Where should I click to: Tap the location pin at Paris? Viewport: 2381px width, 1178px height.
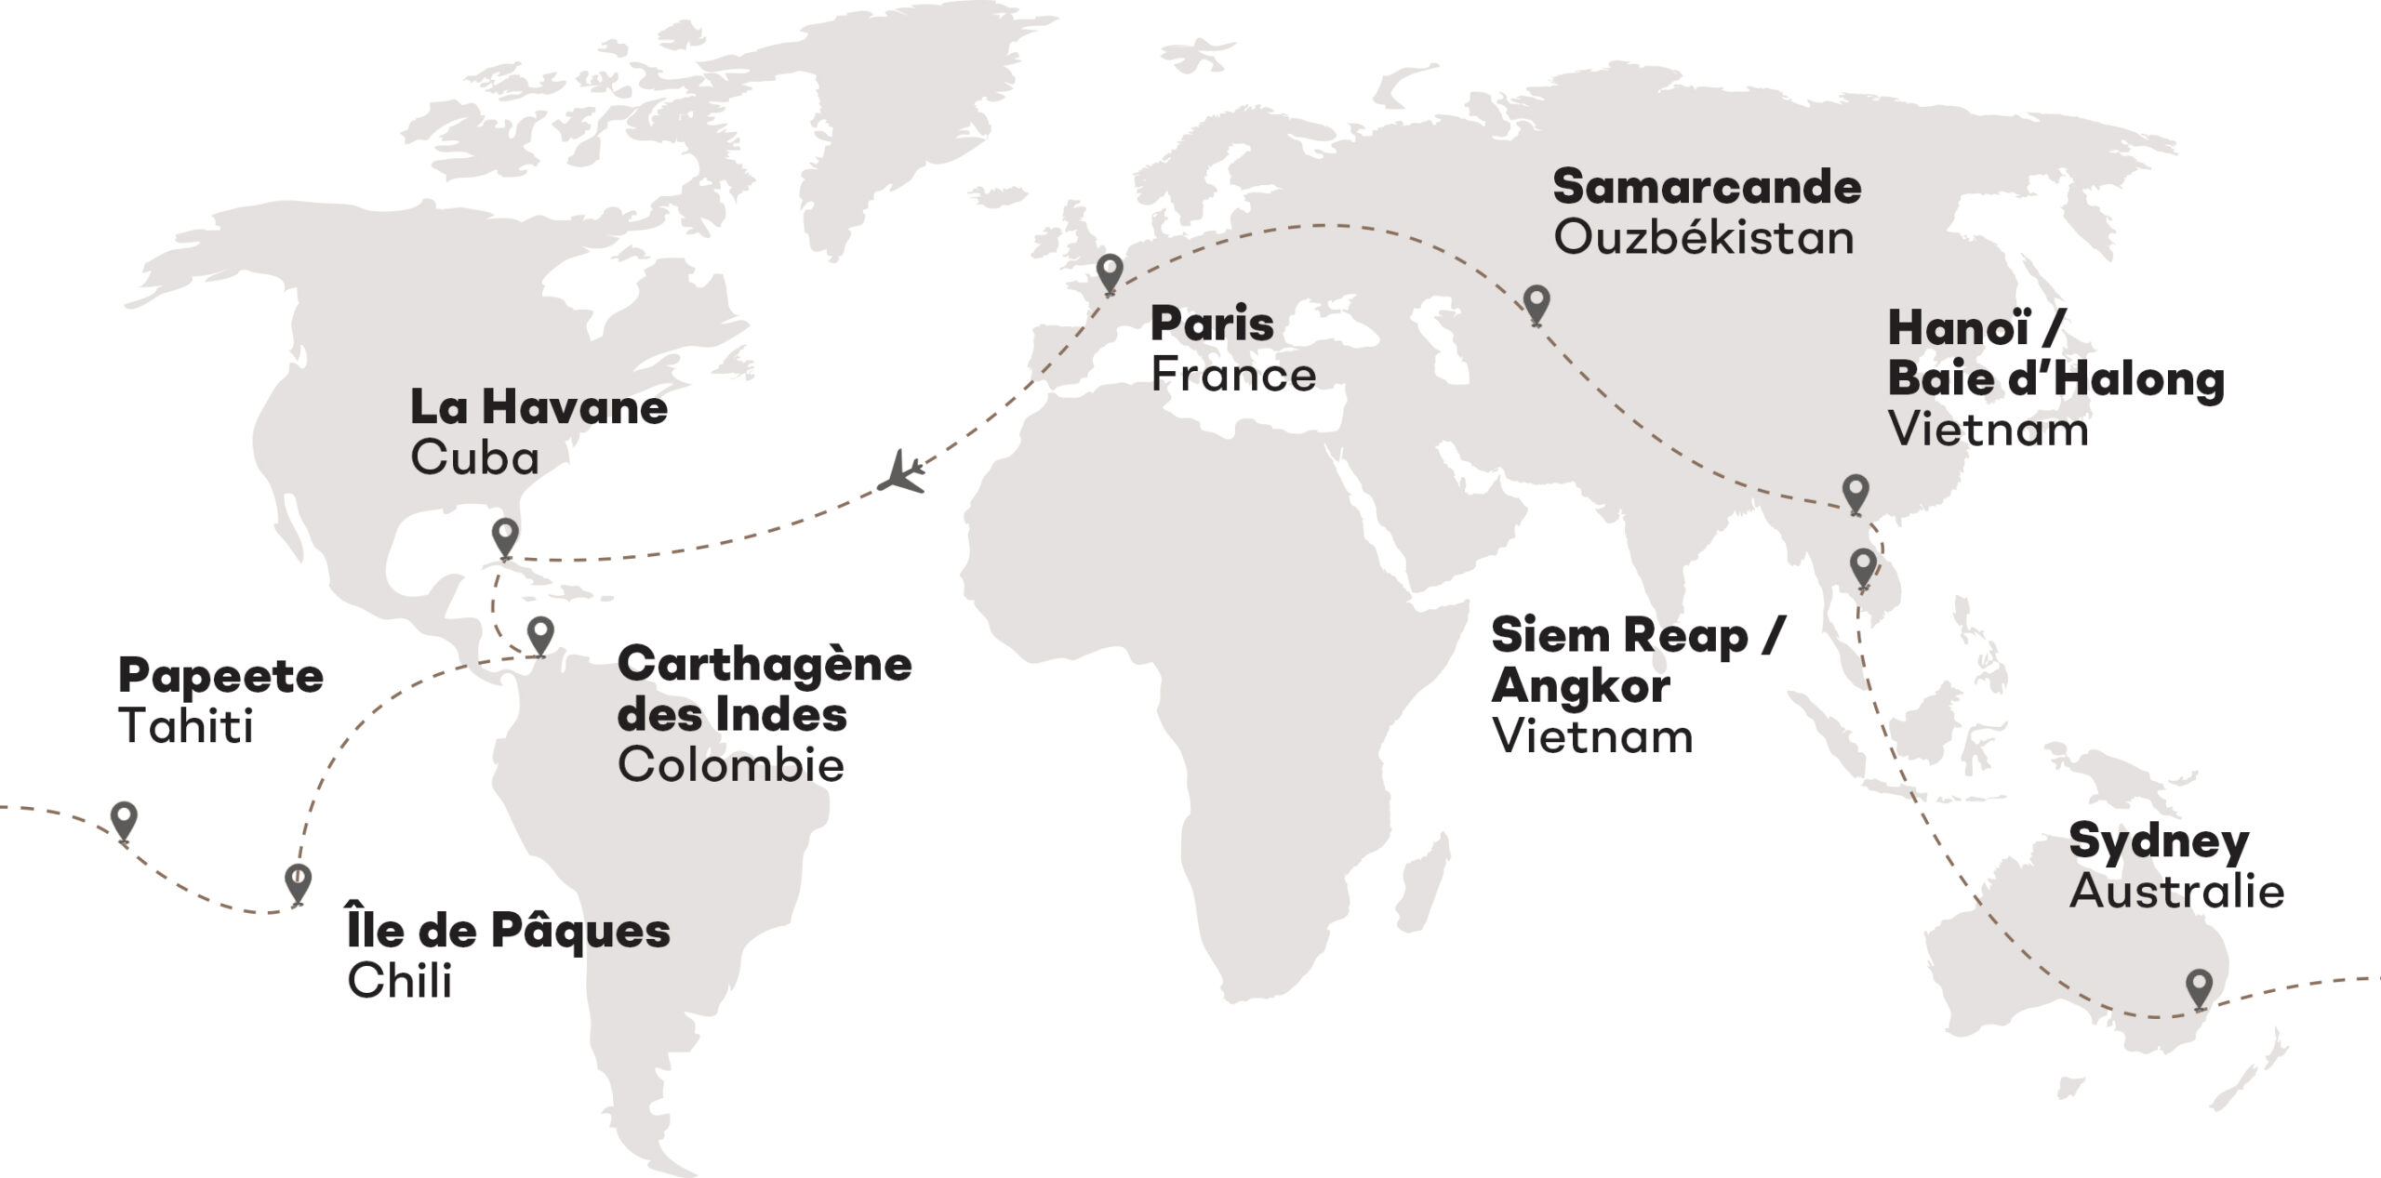pos(1109,271)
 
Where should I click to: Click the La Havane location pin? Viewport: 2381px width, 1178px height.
pos(505,536)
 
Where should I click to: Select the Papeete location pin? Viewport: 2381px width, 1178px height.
pos(124,820)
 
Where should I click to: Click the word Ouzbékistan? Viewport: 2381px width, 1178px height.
pos(1703,238)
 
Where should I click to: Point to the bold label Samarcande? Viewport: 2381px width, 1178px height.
pos(1707,187)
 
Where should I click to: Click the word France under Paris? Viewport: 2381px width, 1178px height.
pos(1232,375)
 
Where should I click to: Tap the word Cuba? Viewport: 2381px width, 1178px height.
pos(474,457)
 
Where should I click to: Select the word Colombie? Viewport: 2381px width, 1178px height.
pos(730,764)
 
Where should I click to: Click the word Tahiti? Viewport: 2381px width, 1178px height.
pos(186,725)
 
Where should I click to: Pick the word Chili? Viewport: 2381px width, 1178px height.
pos(399,981)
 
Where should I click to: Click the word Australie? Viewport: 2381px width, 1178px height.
pos(2176,891)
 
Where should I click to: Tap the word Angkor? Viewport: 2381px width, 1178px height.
pos(1580,686)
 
